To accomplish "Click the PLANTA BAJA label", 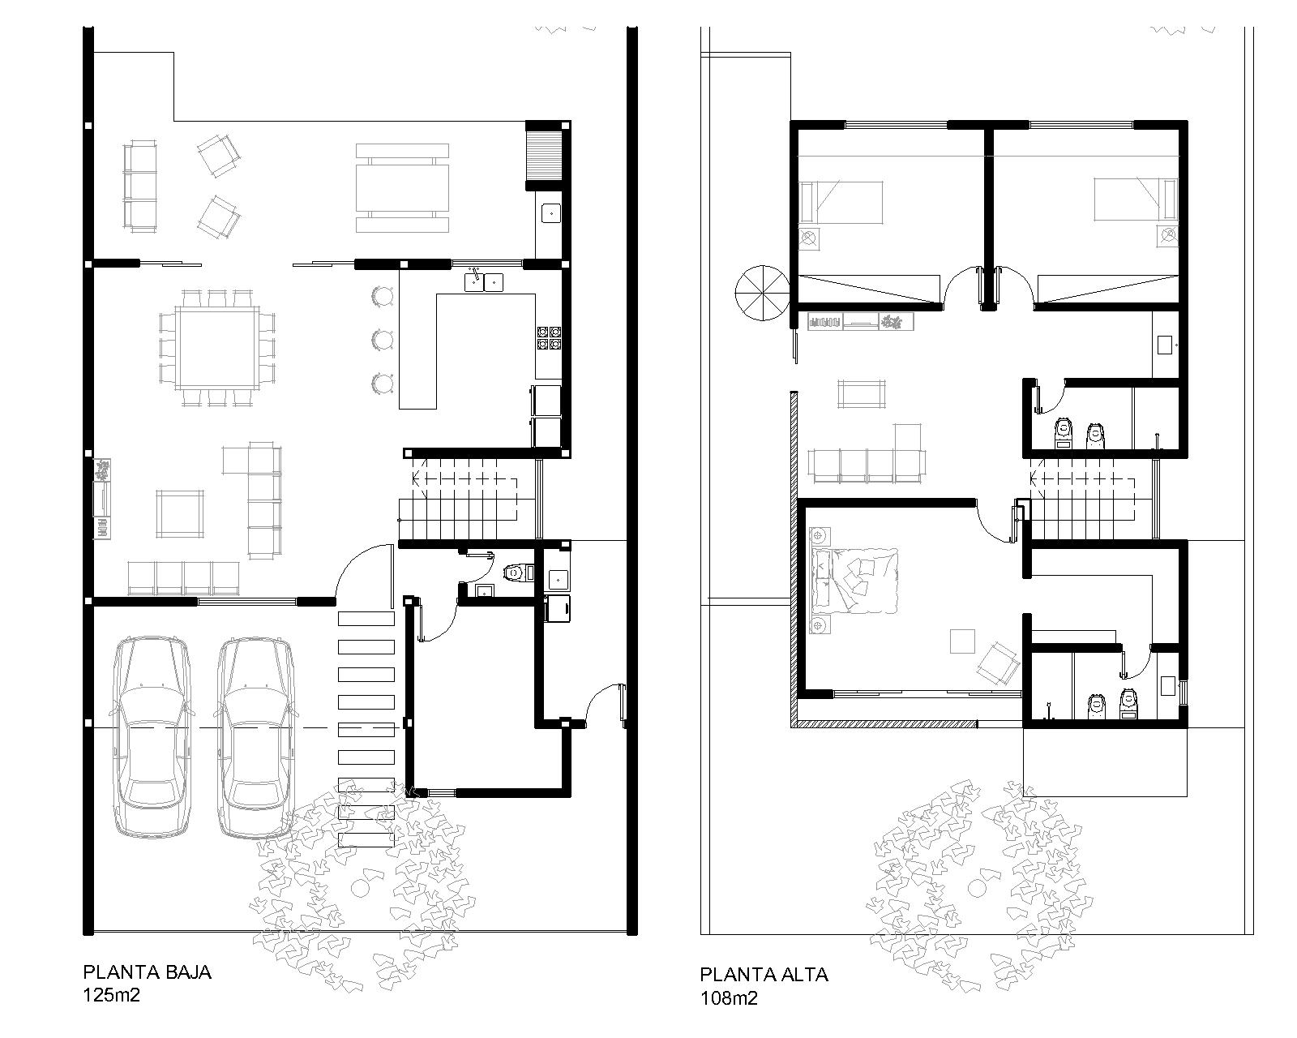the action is (147, 972).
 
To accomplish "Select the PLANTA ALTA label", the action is (764, 975).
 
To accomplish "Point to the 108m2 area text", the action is (729, 998).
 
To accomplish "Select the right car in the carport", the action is (255, 737).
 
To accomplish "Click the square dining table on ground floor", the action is (217, 348).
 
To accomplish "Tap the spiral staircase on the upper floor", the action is (762, 293).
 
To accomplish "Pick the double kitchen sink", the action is (484, 282).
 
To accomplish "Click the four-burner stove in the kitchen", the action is (549, 338).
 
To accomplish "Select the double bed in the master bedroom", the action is (854, 581).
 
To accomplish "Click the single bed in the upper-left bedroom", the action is (841, 202).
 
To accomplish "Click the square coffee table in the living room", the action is (180, 513).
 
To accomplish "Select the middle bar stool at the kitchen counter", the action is (382, 340).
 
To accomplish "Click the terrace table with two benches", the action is (402, 187).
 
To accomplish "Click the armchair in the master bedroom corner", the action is (997, 663).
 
